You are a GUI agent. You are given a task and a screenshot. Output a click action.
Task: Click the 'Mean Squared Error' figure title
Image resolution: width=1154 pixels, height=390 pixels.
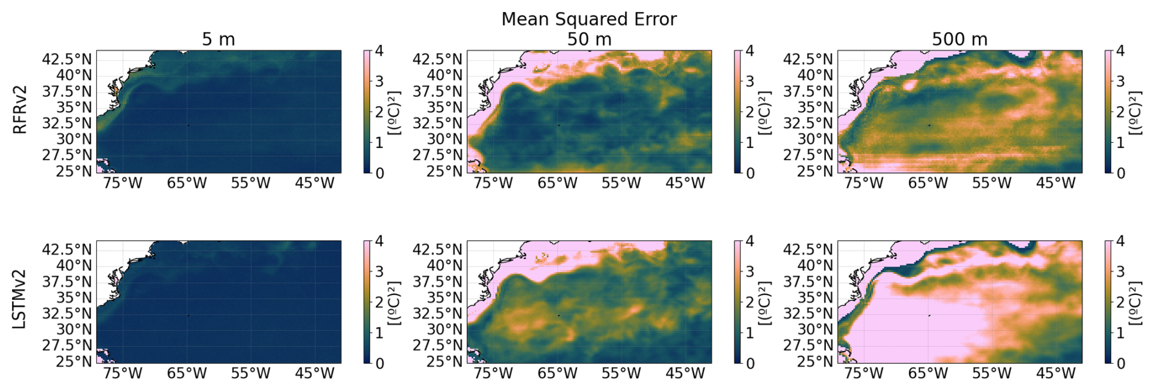[x=589, y=19]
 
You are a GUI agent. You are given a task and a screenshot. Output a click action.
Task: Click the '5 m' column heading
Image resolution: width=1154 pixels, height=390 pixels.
[x=218, y=39]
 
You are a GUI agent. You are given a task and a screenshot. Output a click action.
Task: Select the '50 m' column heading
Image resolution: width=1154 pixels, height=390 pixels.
[x=589, y=39]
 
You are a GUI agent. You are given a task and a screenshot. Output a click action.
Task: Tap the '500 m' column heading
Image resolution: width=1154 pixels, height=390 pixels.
[x=959, y=39]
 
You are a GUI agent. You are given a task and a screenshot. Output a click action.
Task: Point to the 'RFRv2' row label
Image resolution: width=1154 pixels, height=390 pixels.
[x=20, y=110]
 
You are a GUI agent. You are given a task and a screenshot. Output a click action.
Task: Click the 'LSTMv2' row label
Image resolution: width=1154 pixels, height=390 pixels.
[x=20, y=299]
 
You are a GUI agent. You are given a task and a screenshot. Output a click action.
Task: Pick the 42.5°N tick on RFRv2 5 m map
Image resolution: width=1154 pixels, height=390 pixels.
[x=67, y=59]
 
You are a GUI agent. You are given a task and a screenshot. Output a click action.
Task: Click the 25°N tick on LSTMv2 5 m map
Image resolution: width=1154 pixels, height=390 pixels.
[x=74, y=361]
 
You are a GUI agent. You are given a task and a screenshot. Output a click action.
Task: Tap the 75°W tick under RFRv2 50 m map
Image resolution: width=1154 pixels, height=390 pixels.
[x=493, y=183]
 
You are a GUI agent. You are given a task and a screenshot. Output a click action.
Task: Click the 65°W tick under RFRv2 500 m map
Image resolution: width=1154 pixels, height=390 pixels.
[x=928, y=183]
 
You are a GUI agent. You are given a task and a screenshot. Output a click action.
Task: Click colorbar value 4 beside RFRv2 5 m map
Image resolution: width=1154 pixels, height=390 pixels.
[x=379, y=51]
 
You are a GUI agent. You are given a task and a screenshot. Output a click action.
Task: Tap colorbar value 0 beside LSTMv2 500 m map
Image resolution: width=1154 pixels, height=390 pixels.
[x=1120, y=363]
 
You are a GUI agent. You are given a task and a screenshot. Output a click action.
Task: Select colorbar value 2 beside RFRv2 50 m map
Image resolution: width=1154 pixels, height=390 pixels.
[x=750, y=112]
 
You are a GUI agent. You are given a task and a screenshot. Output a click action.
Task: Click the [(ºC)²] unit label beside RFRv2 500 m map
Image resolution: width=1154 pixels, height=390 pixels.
[x=1136, y=113]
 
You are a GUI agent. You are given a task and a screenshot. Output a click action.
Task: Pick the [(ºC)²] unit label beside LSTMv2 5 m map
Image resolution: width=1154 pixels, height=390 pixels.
[x=395, y=303]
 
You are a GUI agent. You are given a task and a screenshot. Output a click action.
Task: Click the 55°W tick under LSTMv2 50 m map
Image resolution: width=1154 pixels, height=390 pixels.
[x=621, y=373]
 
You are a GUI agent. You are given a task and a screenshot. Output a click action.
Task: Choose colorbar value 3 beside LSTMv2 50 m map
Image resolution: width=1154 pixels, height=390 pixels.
[x=750, y=271]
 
